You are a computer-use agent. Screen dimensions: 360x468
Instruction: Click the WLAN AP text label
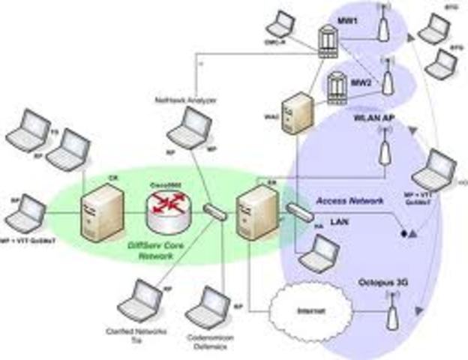point(376,118)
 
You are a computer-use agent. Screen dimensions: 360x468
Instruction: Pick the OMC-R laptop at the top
point(281,26)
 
